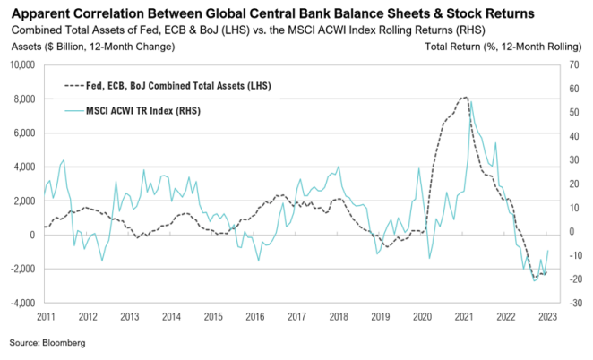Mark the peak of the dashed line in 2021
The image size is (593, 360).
(x=464, y=97)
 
